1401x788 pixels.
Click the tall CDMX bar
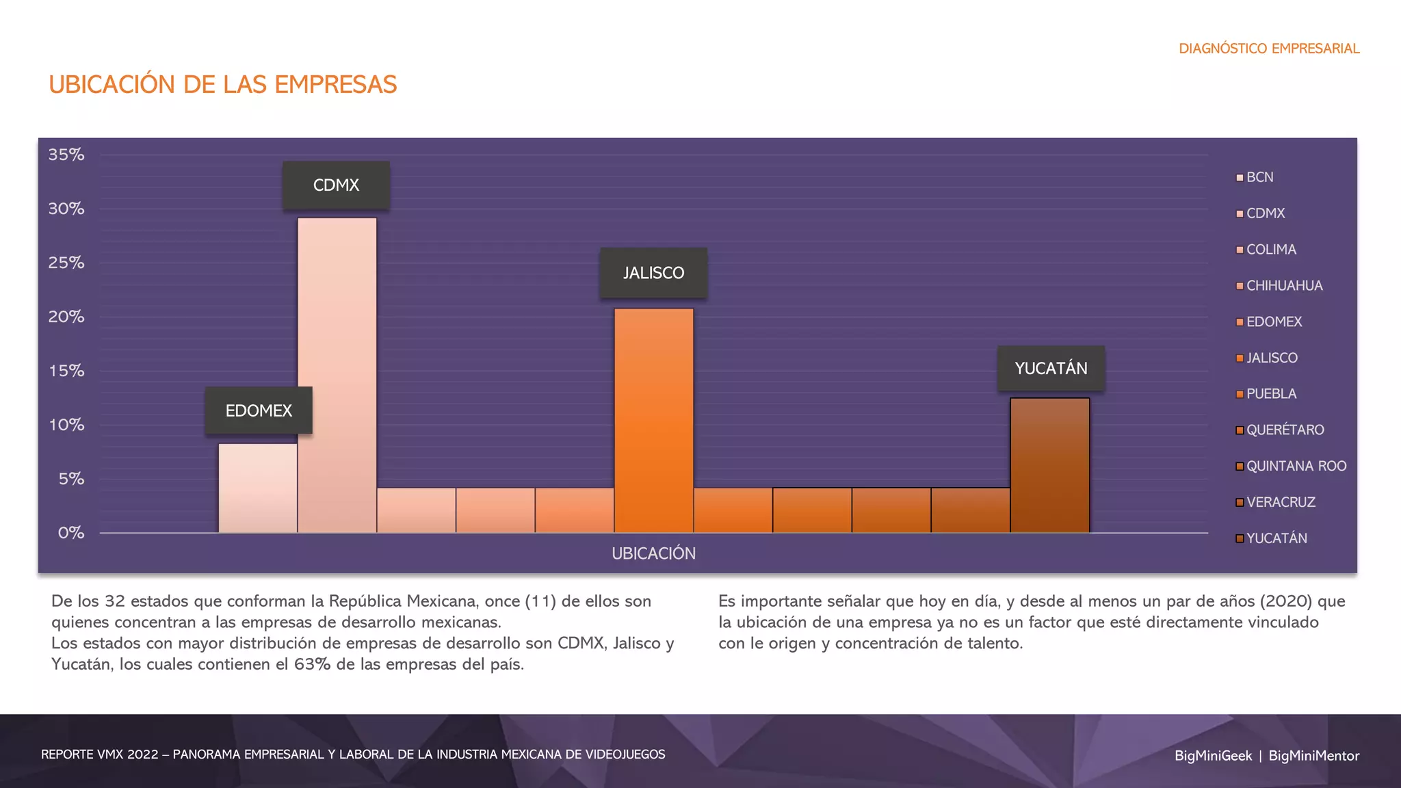point(337,375)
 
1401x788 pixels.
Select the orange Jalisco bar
point(653,420)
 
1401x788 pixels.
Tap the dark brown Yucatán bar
point(1049,465)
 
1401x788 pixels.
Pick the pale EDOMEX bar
point(258,488)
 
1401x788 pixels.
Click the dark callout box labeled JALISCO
point(653,273)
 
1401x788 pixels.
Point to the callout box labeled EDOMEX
point(259,410)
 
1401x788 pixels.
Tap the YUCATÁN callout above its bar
point(1051,369)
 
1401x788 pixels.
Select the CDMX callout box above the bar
point(336,185)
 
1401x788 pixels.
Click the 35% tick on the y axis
point(66,155)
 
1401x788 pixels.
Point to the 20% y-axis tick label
point(66,317)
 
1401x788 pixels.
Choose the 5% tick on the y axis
point(71,479)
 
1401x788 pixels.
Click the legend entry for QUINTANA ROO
point(1295,467)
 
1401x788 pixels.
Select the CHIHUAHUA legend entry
point(1283,286)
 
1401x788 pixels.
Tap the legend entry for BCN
point(1259,177)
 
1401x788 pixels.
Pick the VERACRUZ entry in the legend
point(1280,502)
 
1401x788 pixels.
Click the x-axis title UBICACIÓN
point(653,553)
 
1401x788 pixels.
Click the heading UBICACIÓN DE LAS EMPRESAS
point(222,85)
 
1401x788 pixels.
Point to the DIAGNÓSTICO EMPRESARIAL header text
point(1269,49)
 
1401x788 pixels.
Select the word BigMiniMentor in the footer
point(1313,756)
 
